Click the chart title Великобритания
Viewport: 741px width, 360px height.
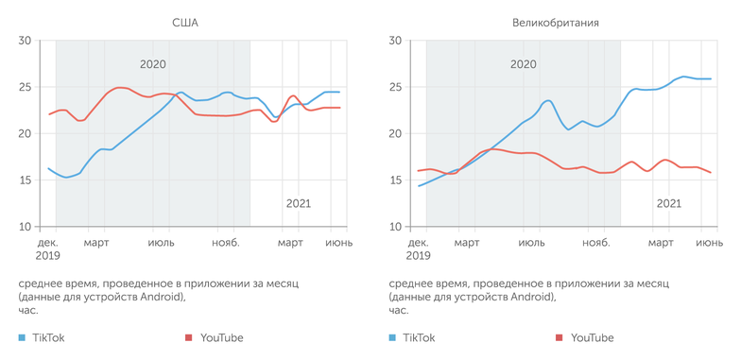pos(556,22)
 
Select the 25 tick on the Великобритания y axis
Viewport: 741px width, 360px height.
pos(396,87)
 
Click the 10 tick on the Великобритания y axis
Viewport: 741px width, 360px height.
pos(396,227)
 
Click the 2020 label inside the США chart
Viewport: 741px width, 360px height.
pos(153,64)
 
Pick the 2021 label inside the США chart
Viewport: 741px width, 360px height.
pos(298,203)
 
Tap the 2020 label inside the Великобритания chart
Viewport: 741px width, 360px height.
pos(523,64)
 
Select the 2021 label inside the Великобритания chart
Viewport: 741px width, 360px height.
pos(668,203)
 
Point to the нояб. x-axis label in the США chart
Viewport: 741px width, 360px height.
pos(225,243)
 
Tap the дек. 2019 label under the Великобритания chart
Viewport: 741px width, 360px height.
pos(418,249)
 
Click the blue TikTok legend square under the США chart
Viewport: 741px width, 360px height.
pos(23,337)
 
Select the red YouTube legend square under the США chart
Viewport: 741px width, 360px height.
pos(189,337)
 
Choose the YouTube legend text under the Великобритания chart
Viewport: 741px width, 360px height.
pos(592,337)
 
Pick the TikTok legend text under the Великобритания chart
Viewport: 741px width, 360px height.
pos(419,337)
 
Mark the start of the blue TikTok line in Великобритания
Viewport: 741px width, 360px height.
pos(419,185)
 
